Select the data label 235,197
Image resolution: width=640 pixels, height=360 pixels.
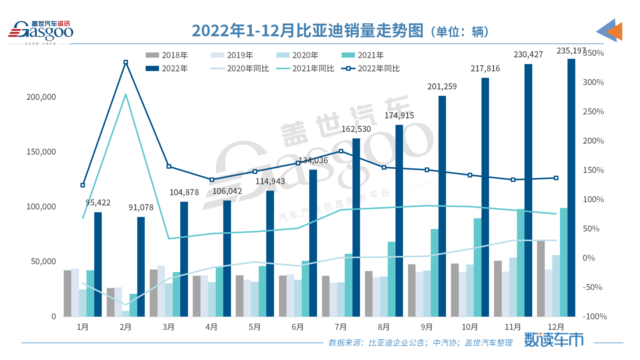(571, 51)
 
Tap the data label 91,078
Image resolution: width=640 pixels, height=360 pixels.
(141, 208)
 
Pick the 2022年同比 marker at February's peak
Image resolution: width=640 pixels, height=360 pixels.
(126, 62)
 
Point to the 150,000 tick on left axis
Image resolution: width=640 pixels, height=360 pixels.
(41, 152)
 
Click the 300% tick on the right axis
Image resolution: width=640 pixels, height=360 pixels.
(593, 82)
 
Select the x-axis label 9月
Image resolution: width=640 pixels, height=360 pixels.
(427, 327)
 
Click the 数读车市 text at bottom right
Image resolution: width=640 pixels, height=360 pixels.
(553, 340)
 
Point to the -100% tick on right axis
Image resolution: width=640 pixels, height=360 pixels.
(594, 317)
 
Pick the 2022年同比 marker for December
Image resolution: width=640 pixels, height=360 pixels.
(556, 178)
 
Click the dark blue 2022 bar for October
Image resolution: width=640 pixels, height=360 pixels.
(485, 197)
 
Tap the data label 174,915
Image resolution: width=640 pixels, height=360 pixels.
(399, 116)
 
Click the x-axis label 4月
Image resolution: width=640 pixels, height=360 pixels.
(212, 327)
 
